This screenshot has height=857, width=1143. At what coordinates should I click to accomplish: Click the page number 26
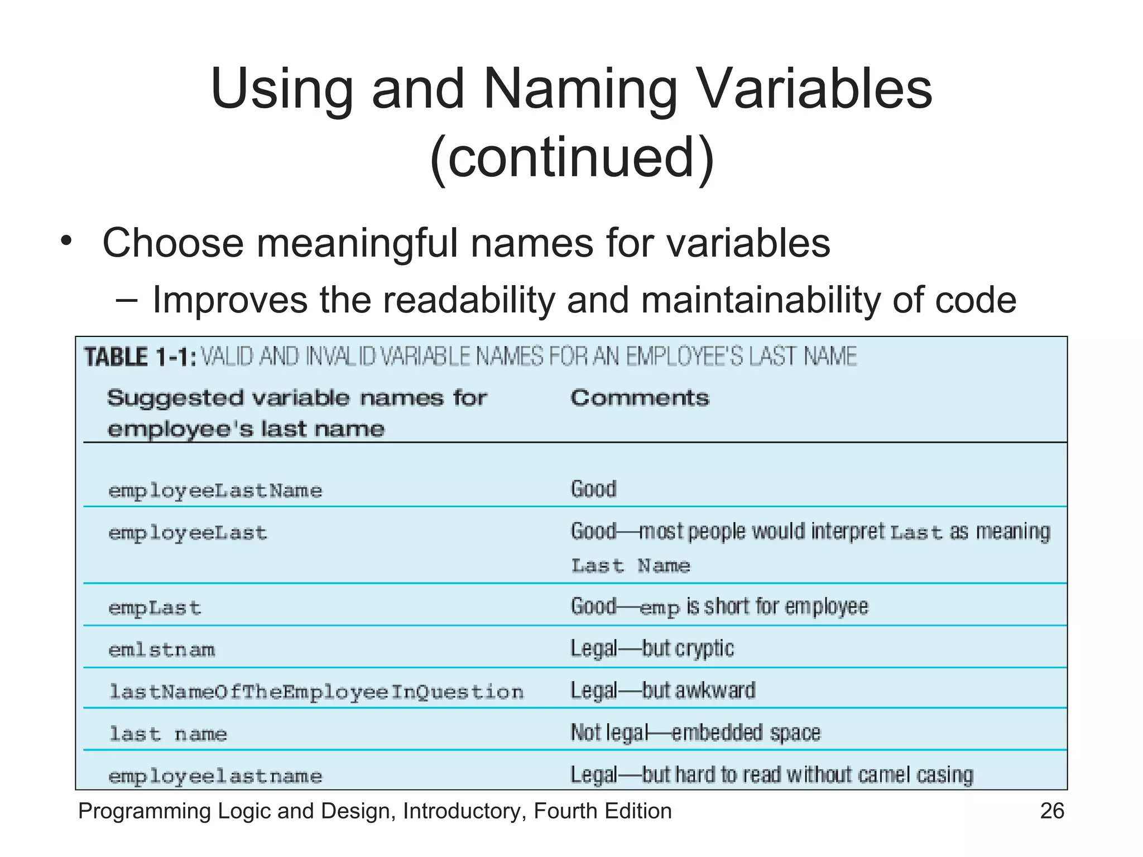(x=1052, y=811)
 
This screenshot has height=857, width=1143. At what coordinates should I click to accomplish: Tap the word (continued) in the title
(x=571, y=157)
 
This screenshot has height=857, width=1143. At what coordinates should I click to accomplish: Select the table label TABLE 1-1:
(x=140, y=357)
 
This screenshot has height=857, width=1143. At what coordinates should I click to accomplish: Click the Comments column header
(x=640, y=398)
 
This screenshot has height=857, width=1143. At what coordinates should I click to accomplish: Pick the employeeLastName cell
(x=215, y=491)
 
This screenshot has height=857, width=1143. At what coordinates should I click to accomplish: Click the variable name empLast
(x=155, y=608)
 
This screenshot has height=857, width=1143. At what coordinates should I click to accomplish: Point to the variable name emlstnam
(x=162, y=650)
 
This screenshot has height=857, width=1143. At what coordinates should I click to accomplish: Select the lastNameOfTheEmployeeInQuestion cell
(x=316, y=692)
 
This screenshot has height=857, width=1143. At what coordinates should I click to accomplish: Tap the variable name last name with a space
(x=168, y=734)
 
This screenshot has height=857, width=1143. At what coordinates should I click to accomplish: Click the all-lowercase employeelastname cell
(x=215, y=777)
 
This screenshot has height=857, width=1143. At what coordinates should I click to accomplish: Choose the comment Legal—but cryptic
(x=652, y=649)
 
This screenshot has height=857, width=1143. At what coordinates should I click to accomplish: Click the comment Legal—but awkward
(x=662, y=691)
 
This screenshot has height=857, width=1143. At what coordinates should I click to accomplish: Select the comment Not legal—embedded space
(x=695, y=733)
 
